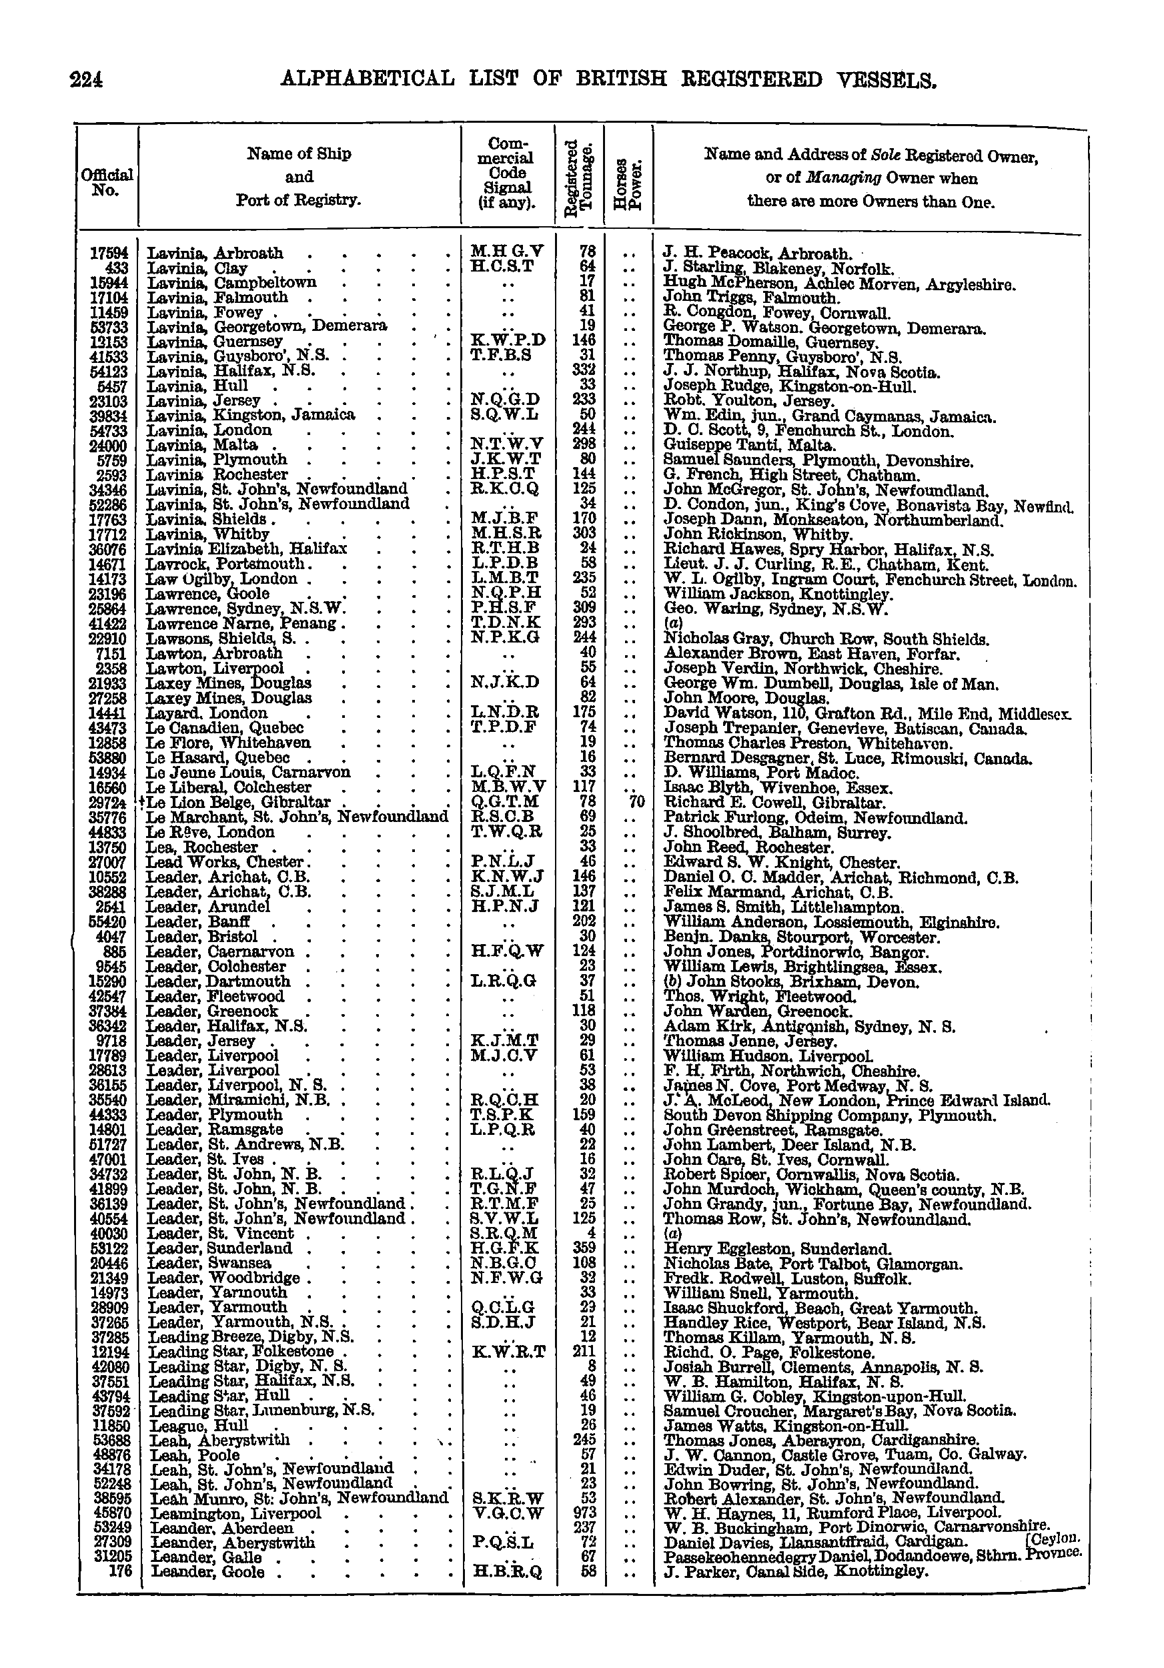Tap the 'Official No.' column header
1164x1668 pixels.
(107, 182)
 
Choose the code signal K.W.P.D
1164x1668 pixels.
(508, 341)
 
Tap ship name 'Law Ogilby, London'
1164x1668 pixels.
(222, 579)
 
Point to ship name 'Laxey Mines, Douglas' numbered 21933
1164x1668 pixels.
(229, 683)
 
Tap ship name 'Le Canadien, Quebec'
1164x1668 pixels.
(224, 728)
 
